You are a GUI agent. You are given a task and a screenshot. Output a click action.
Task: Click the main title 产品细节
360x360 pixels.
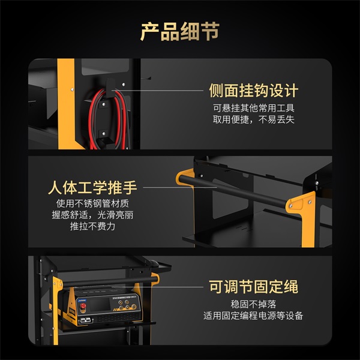[x=179, y=31]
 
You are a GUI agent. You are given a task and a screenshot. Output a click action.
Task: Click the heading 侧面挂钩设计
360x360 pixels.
[x=253, y=91]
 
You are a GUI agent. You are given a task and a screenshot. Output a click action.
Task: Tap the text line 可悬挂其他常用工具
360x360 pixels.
[x=253, y=109]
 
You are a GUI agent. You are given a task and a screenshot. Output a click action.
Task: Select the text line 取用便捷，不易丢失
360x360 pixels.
[x=253, y=120]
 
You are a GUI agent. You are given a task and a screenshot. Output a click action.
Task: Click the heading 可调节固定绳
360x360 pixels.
[x=253, y=286]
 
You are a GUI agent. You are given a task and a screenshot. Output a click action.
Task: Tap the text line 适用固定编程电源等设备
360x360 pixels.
[x=253, y=316]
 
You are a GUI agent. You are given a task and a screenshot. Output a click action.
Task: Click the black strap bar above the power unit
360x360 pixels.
[x=108, y=280]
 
